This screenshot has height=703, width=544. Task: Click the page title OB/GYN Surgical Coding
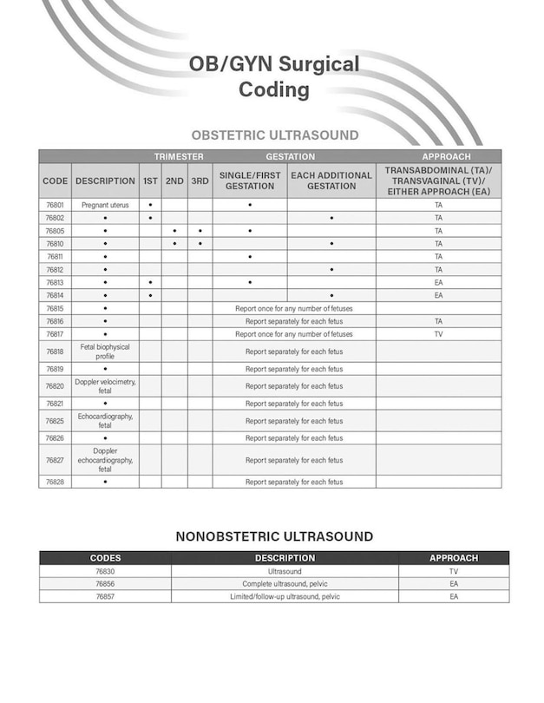[x=274, y=77]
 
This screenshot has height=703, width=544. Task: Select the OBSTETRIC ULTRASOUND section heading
[x=274, y=135]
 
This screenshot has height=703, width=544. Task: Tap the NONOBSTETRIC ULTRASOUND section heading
[x=274, y=536]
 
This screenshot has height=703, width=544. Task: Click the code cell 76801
[x=55, y=205]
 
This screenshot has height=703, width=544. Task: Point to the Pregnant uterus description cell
[x=105, y=205]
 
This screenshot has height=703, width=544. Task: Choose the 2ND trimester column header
[x=174, y=181]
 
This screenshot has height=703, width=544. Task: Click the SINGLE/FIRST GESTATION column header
[x=250, y=181]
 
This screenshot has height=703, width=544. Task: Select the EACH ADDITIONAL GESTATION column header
[x=331, y=181]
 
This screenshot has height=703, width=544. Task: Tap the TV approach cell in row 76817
[x=439, y=333]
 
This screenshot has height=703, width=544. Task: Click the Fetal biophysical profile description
[x=105, y=351]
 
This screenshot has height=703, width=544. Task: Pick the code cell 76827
[x=55, y=460]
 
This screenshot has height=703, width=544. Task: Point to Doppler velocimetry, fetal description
[x=105, y=386]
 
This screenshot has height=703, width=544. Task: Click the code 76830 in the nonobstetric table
[x=105, y=571]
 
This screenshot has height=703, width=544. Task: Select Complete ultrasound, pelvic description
[x=285, y=583]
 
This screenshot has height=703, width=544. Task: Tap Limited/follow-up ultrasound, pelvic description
[x=285, y=596]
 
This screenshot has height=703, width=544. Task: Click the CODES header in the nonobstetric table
[x=105, y=558]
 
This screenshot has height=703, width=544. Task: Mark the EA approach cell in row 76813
[x=439, y=282]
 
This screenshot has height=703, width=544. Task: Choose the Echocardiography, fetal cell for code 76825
[x=105, y=421]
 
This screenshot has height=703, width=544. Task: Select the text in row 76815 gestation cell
[x=294, y=308]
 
